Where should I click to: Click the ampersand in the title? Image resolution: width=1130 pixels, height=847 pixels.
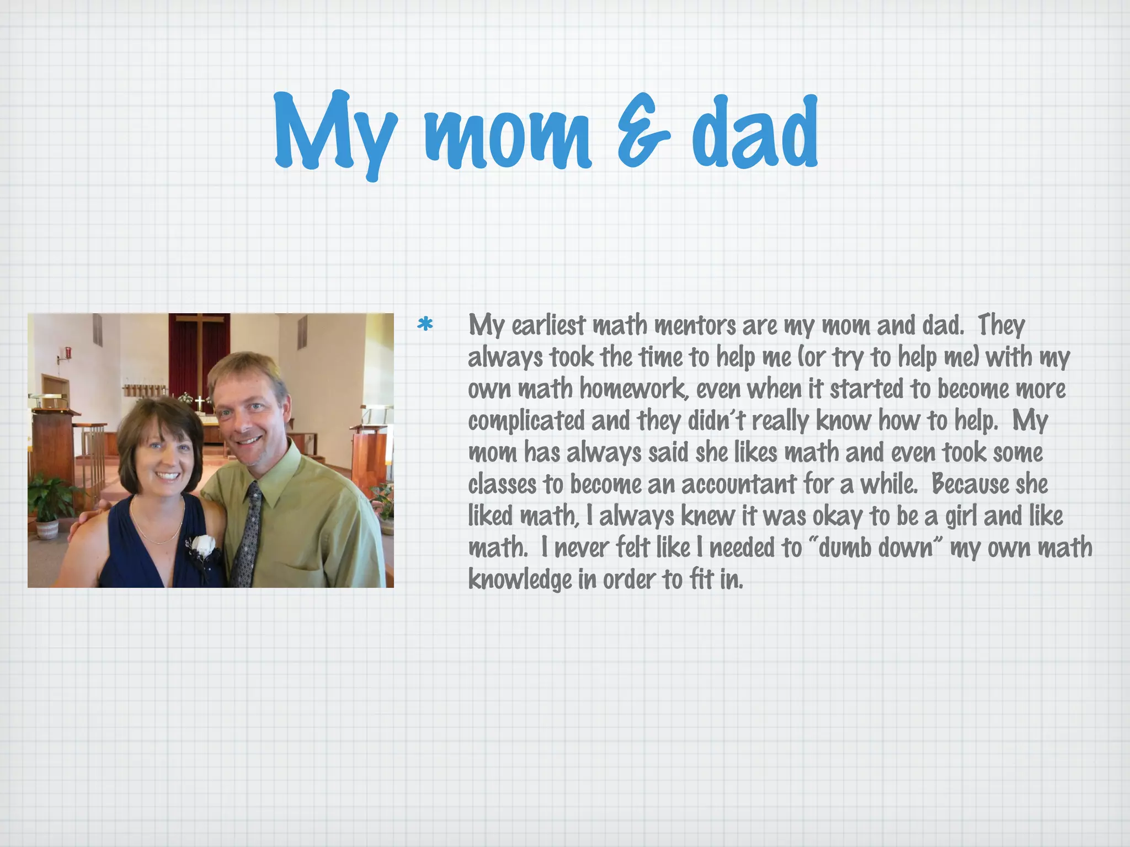coord(643,132)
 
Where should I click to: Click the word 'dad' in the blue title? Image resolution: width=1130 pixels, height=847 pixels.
coord(755,132)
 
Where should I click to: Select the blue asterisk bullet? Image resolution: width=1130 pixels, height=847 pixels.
coord(425,325)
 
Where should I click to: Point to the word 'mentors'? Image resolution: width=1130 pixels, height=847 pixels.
coord(695,325)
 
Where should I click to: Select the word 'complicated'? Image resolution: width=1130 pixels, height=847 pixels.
coord(526,421)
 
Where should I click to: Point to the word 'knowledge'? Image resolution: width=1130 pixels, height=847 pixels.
coord(520,580)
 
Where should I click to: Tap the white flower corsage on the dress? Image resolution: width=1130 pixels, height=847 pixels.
coord(204,546)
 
